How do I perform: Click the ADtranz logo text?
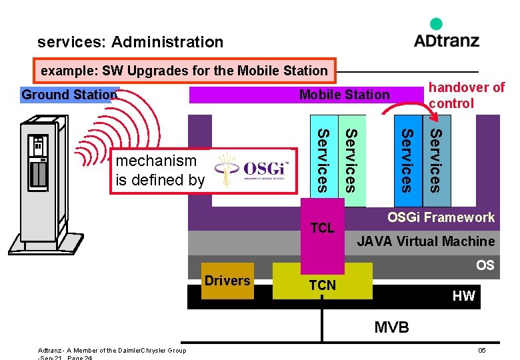click(x=446, y=40)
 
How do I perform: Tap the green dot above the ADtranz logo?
click(x=436, y=24)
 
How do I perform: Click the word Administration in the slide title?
click(x=167, y=42)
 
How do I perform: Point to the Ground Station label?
click(x=69, y=95)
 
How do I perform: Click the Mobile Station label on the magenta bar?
click(x=344, y=95)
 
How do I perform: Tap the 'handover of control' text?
click(x=466, y=95)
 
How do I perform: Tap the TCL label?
click(x=323, y=228)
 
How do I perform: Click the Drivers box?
click(x=227, y=281)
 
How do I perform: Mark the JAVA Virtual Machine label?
click(x=426, y=241)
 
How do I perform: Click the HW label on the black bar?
click(x=463, y=296)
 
